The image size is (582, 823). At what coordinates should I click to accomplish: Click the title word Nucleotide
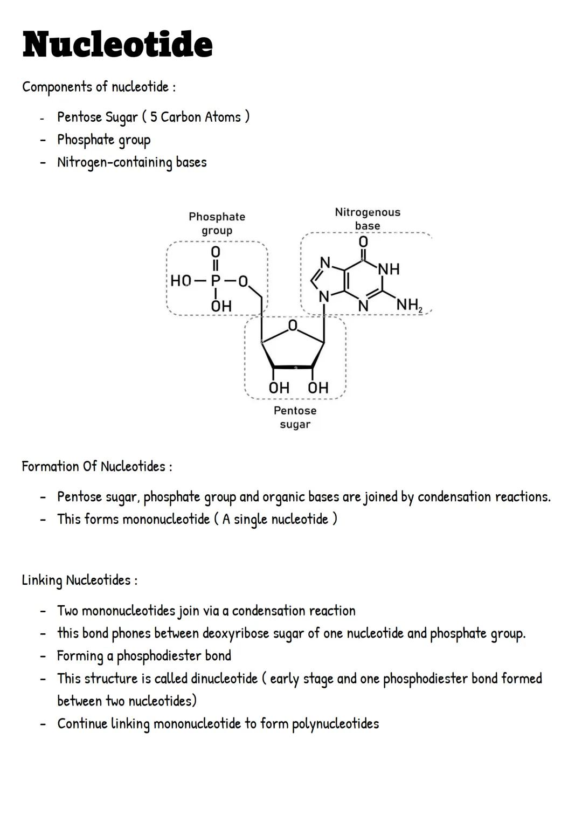click(x=117, y=44)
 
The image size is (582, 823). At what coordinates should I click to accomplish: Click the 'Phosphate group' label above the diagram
click(x=217, y=223)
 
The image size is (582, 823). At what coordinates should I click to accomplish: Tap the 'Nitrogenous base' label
click(x=368, y=218)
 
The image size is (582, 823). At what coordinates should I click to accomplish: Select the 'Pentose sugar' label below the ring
click(x=295, y=417)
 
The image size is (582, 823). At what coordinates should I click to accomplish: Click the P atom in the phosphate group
click(x=216, y=281)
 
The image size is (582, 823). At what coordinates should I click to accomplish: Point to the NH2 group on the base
click(x=409, y=305)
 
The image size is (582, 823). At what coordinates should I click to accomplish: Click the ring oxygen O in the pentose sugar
click(x=293, y=325)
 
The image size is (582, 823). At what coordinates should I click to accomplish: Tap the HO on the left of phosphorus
click(x=181, y=281)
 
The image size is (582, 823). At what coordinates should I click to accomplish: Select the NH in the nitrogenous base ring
click(x=389, y=269)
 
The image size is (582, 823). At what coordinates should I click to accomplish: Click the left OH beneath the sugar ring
click(x=279, y=388)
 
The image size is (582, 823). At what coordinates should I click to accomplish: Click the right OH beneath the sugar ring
click(x=318, y=388)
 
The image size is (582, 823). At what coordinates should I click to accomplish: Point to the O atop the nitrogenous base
click(x=363, y=241)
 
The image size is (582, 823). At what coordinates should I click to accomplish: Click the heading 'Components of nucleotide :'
click(x=99, y=87)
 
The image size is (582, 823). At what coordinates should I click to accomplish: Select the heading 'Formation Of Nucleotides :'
click(x=97, y=466)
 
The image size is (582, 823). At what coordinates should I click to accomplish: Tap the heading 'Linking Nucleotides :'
click(x=79, y=580)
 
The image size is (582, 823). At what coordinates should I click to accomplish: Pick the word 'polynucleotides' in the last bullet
click(x=335, y=724)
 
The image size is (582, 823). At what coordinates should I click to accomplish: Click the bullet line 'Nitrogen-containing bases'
click(x=132, y=162)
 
